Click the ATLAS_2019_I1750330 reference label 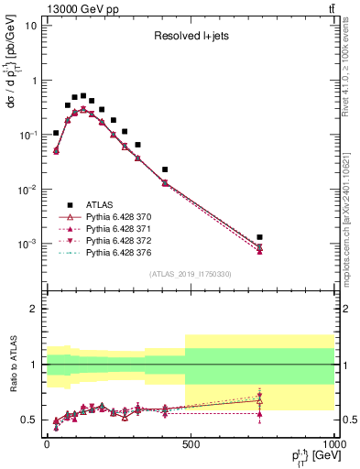(190, 274)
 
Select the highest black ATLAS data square (83, 95)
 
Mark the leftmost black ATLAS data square (56, 133)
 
